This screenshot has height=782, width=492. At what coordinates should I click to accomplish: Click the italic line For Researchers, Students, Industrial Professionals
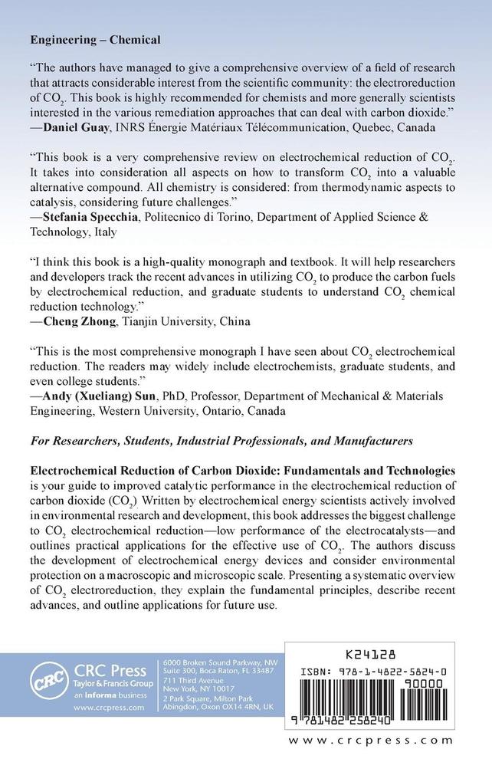(x=221, y=441)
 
